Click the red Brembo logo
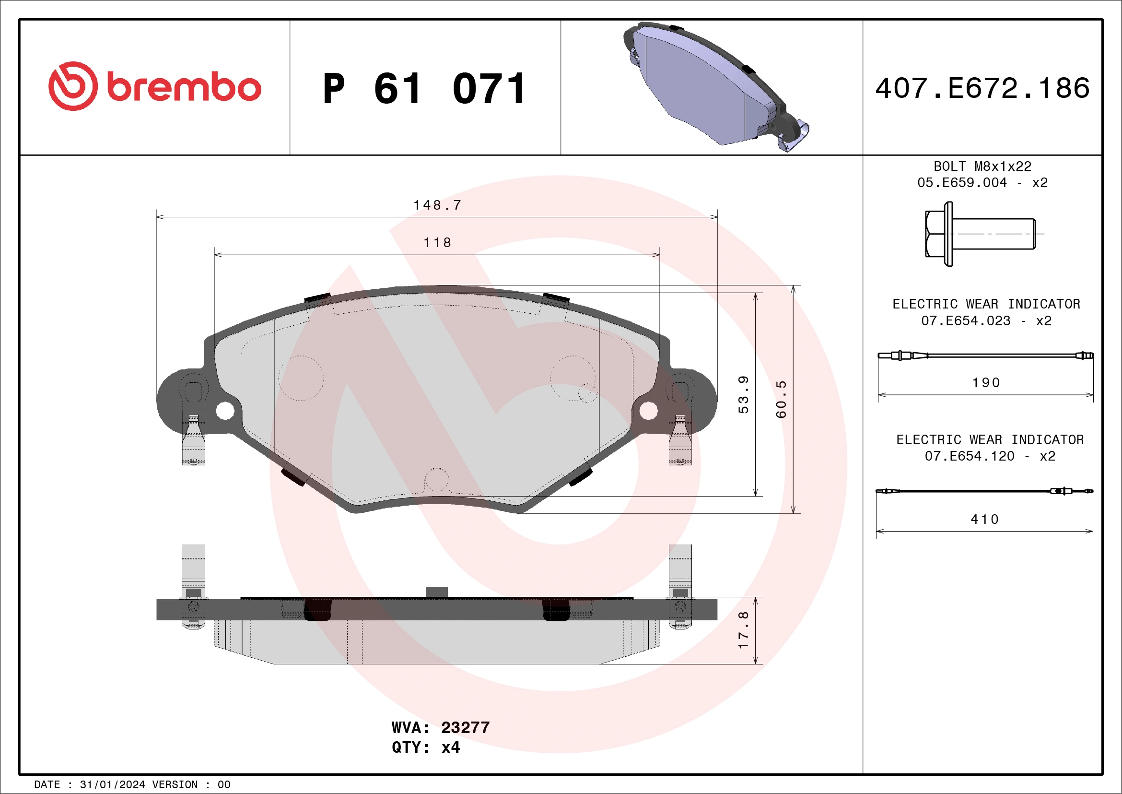[154, 86]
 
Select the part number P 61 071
[424, 89]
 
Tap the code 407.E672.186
[982, 88]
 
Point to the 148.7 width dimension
[437, 205]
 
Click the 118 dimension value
[437, 242]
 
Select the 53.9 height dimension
[743, 394]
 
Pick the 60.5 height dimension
[782, 399]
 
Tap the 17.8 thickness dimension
[743, 630]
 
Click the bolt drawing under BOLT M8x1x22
[980, 234]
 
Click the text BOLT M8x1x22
[982, 166]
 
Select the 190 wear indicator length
[986, 382]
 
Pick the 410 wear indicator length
[985, 519]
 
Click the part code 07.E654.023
[966, 321]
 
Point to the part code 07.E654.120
[970, 456]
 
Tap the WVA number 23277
[465, 727]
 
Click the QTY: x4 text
[426, 747]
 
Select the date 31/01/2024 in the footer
[112, 785]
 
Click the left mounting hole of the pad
[225, 411]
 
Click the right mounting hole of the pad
[648, 411]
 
